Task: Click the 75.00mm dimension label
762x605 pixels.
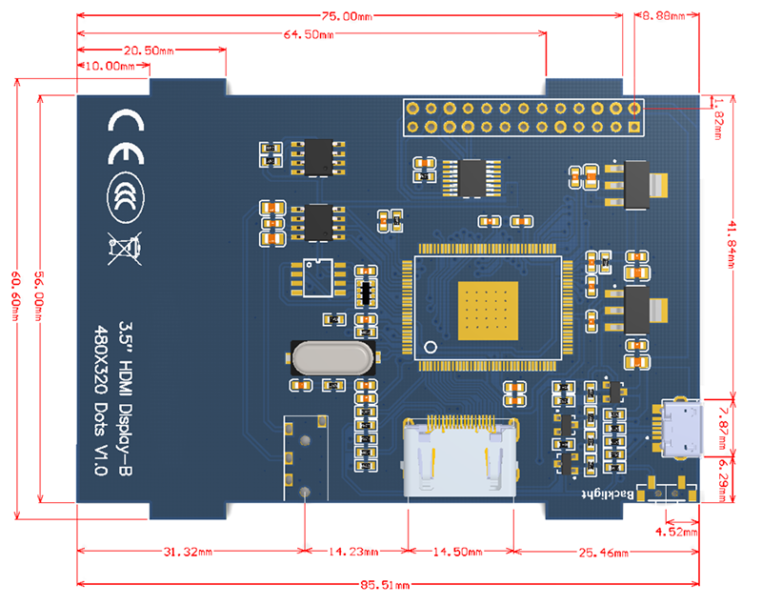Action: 347,16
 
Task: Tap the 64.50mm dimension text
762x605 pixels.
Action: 309,34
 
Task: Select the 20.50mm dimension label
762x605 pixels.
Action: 149,50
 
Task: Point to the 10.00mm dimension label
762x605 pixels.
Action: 110,66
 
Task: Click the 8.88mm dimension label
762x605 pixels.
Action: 663,16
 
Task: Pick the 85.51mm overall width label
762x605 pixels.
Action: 385,585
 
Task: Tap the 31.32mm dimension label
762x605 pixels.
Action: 188,552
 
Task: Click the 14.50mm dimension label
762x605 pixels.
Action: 458,552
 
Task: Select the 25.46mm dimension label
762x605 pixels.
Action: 603,553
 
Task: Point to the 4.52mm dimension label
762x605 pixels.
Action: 676,532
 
